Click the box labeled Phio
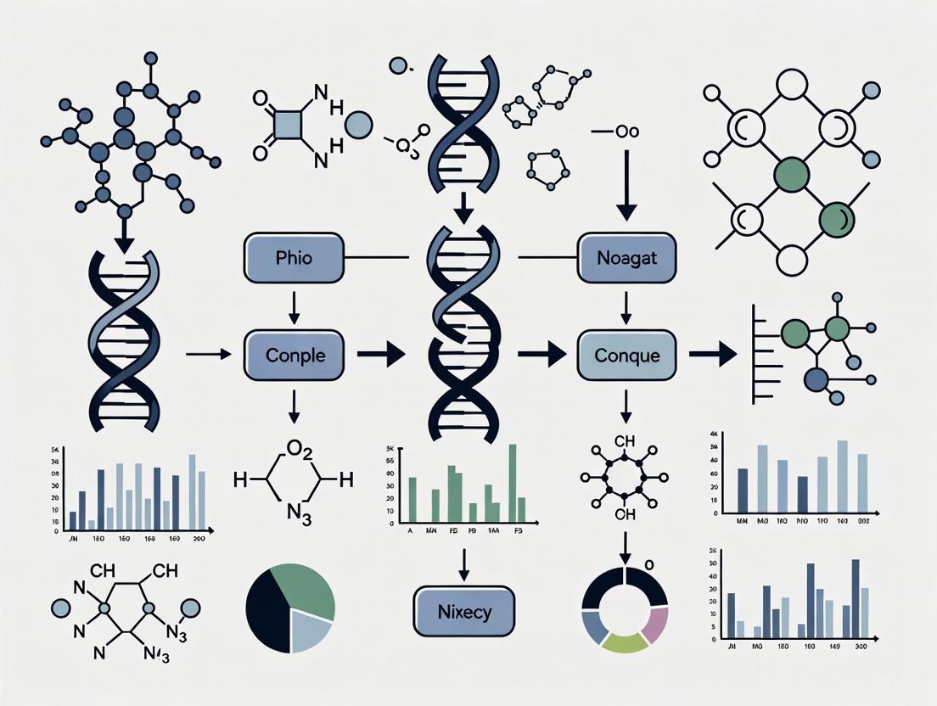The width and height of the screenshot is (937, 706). click(x=294, y=257)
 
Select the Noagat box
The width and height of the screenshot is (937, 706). click(x=626, y=257)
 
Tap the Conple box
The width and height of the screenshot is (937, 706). click(x=294, y=356)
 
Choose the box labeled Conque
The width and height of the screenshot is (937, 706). click(x=626, y=356)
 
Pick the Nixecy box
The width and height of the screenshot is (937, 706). click(x=463, y=611)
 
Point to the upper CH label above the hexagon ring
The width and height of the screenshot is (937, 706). click(x=624, y=440)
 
